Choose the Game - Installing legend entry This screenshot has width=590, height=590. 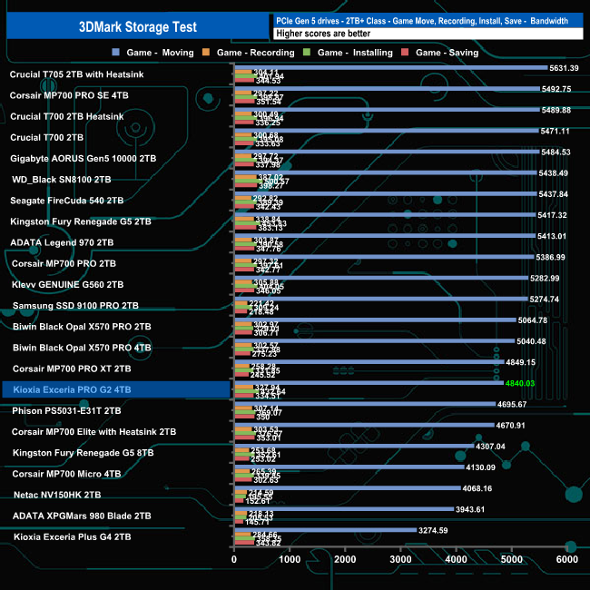354,53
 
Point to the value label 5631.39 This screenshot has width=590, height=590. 564,68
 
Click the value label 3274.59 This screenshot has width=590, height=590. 433,530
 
